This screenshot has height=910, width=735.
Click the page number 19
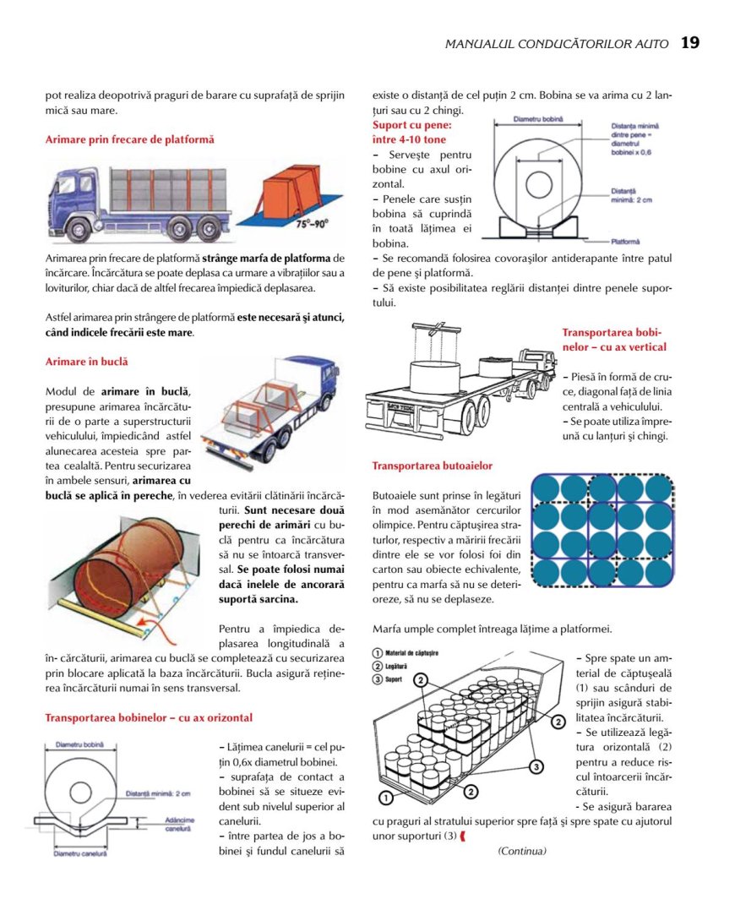point(689,43)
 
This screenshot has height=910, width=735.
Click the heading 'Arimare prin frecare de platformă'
point(129,139)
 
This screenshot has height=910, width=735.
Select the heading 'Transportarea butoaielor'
point(432,466)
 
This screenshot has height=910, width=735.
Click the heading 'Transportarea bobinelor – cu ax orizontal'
point(148,718)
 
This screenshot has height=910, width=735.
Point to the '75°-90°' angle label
point(312,226)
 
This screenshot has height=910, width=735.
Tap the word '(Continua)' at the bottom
point(522,851)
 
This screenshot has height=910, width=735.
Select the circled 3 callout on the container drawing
point(536,766)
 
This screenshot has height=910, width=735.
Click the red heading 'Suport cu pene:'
point(409,125)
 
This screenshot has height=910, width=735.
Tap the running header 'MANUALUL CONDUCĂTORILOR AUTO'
point(557,44)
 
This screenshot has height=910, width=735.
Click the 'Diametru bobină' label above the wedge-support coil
point(538,121)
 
